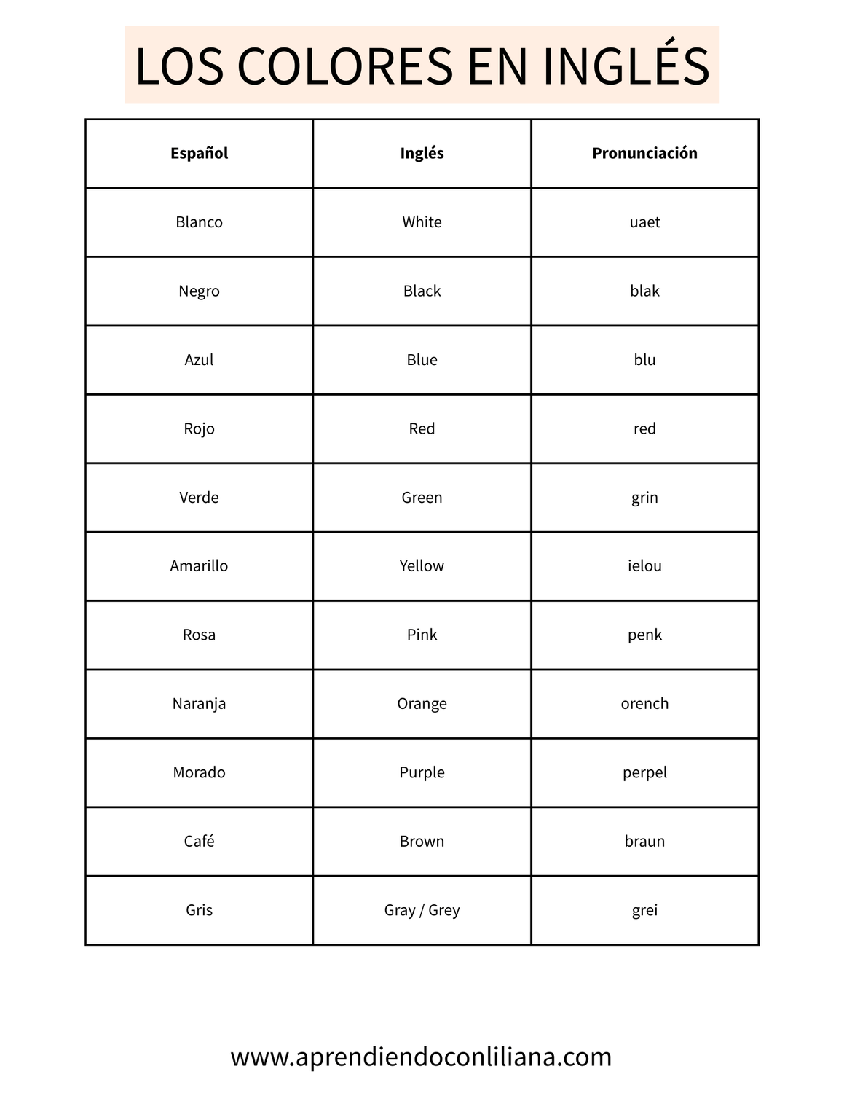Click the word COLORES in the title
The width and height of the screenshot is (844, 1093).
[x=344, y=66]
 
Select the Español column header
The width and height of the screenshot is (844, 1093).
[x=199, y=153]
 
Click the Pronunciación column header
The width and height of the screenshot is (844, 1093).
[x=644, y=153]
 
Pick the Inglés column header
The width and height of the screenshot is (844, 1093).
[x=422, y=153]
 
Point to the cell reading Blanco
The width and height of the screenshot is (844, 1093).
[x=199, y=222]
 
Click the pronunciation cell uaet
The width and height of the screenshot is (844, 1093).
[x=644, y=222]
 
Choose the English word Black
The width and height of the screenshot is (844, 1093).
[x=422, y=291]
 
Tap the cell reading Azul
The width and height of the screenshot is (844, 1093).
[x=199, y=360]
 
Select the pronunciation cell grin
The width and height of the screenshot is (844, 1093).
[x=644, y=498]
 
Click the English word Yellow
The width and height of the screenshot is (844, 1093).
[x=422, y=566]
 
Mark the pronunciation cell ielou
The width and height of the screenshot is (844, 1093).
[x=644, y=566]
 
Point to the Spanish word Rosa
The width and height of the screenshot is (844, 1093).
[x=199, y=635]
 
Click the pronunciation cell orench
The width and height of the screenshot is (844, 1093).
[x=644, y=704]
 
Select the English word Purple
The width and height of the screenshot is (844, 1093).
[x=422, y=772]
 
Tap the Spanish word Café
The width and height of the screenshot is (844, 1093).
[x=199, y=841]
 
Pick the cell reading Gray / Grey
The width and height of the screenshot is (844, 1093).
[x=422, y=910]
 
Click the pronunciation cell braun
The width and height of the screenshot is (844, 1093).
[x=644, y=841]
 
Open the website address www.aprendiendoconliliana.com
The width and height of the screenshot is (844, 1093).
[x=421, y=1057]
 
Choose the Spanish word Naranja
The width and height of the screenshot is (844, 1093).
[x=199, y=704]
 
